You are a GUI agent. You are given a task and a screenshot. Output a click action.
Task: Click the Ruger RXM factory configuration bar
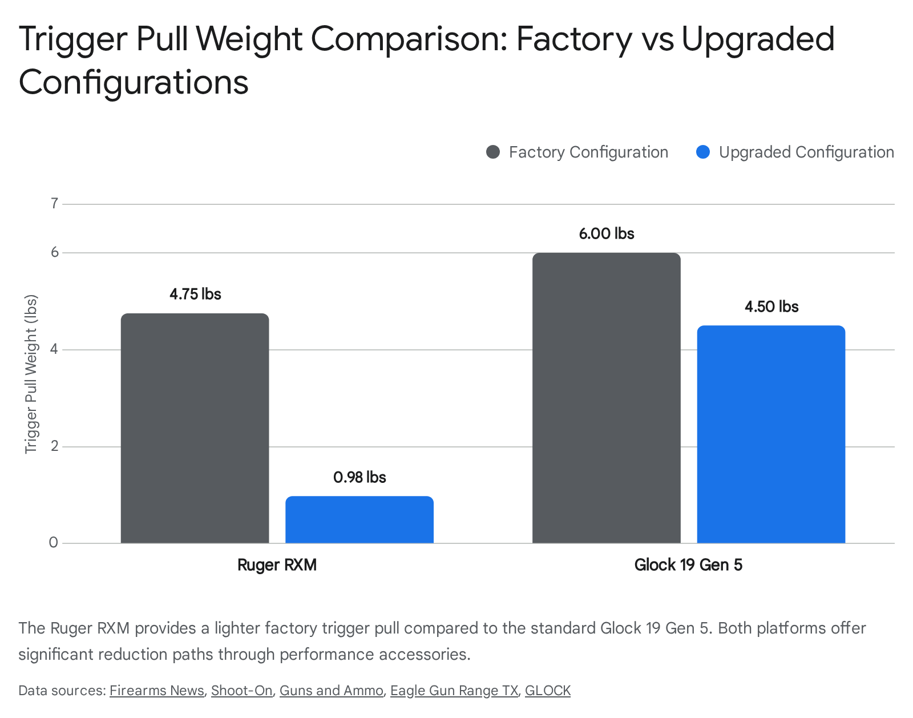pyautogui.click(x=195, y=428)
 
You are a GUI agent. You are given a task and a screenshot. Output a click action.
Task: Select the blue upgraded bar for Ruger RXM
pyautogui.click(x=359, y=520)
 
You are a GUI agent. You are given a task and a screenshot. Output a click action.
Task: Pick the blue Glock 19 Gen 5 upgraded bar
pyautogui.click(x=771, y=434)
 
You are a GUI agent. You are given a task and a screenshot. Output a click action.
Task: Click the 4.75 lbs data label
pyautogui.click(x=195, y=294)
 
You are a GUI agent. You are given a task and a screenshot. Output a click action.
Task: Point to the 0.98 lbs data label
pyautogui.click(x=359, y=477)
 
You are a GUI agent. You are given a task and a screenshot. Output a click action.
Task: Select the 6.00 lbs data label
pyautogui.click(x=606, y=233)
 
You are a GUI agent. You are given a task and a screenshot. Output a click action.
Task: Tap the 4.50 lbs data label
pyautogui.click(x=771, y=306)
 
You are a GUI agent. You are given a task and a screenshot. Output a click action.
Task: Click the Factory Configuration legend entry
pyautogui.click(x=577, y=152)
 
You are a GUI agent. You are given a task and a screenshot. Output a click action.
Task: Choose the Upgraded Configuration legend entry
pyautogui.click(x=795, y=152)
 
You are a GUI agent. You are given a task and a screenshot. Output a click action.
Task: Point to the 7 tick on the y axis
pyautogui.click(x=54, y=204)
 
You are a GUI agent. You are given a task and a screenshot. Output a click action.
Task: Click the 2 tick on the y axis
pyautogui.click(x=54, y=446)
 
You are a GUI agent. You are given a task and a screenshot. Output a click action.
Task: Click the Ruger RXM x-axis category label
pyautogui.click(x=277, y=565)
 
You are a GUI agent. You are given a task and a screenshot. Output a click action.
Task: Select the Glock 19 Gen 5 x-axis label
pyautogui.click(x=688, y=565)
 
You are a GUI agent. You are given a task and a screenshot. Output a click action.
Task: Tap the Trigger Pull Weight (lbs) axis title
pyautogui.click(x=31, y=374)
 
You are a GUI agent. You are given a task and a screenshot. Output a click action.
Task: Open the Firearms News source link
pyautogui.click(x=156, y=691)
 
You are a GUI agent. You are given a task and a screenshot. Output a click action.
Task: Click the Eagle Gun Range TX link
pyautogui.click(x=454, y=691)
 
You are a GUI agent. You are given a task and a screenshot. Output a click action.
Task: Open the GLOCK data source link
pyautogui.click(x=547, y=691)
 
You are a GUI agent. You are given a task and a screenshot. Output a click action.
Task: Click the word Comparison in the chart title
pyautogui.click(x=409, y=39)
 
